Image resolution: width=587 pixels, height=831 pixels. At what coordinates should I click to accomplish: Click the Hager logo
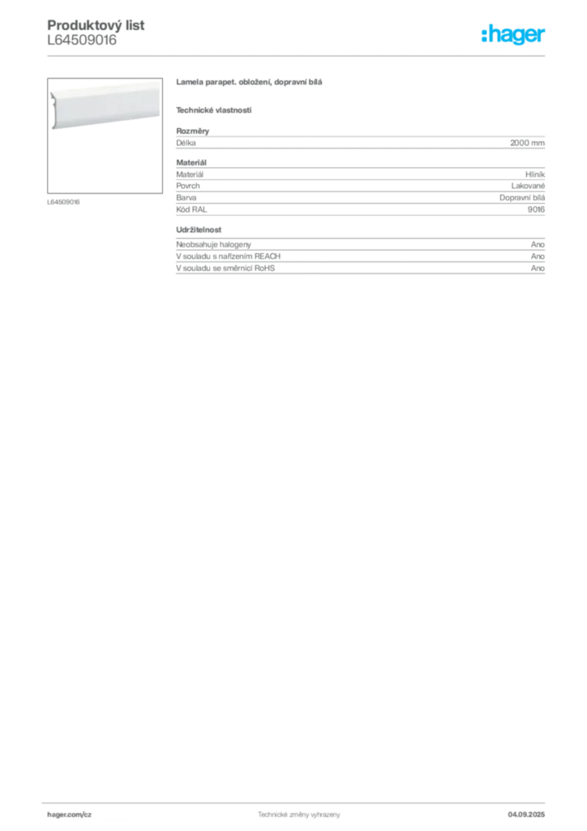(x=513, y=34)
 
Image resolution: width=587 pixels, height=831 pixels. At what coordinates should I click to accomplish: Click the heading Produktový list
(x=96, y=25)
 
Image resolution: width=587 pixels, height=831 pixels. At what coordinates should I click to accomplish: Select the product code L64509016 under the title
(x=82, y=41)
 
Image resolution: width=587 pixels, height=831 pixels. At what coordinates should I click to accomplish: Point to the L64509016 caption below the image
(x=63, y=202)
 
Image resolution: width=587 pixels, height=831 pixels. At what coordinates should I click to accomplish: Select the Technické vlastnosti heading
(x=214, y=110)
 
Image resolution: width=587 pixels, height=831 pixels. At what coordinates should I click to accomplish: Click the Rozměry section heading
(x=193, y=131)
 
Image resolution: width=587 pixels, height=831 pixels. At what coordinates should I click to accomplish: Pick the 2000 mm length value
(x=527, y=143)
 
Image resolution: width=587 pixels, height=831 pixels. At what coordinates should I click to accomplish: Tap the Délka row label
(x=186, y=143)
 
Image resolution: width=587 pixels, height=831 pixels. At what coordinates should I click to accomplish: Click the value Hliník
(x=535, y=174)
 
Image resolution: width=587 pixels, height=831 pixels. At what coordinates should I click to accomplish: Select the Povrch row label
(x=188, y=186)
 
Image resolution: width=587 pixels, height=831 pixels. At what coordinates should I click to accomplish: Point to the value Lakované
(x=528, y=186)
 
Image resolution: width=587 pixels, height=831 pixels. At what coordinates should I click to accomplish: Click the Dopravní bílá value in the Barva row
(x=522, y=198)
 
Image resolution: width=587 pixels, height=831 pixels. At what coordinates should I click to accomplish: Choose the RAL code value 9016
(x=536, y=209)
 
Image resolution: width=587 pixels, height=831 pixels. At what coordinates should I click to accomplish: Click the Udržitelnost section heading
(x=199, y=230)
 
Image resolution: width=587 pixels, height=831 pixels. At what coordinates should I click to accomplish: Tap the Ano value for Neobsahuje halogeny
(x=538, y=244)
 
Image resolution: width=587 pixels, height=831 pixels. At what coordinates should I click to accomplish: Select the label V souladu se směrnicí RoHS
(x=225, y=268)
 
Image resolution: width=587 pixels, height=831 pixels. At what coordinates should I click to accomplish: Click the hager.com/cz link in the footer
(x=70, y=815)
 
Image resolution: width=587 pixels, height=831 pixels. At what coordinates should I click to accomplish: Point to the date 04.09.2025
(x=526, y=815)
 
